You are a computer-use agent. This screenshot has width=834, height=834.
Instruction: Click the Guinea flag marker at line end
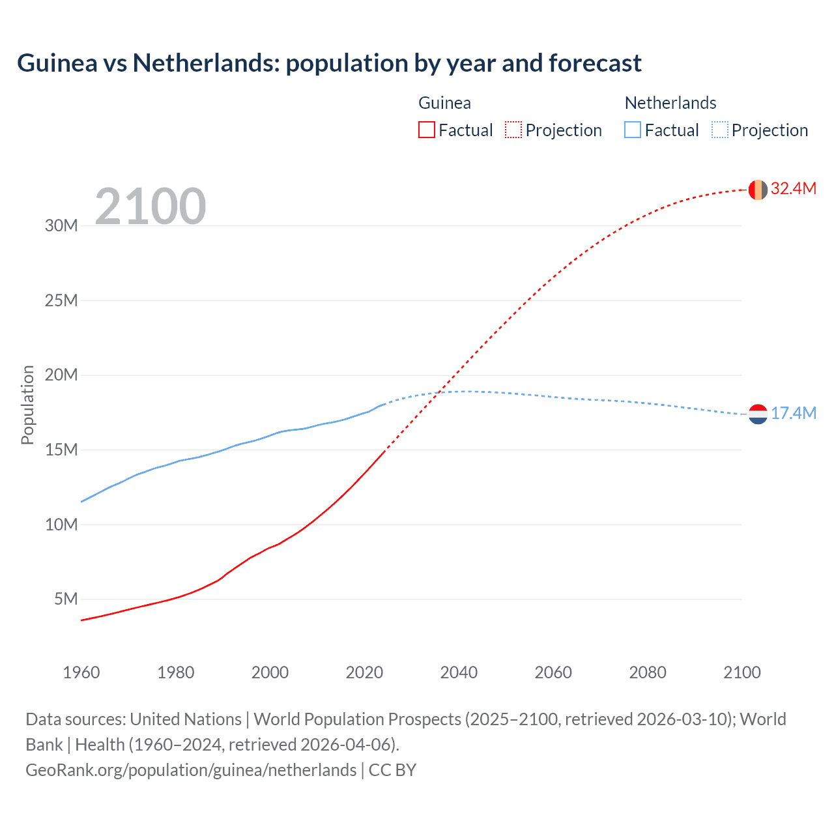pos(758,190)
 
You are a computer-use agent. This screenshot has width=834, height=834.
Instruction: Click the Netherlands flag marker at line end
pos(758,414)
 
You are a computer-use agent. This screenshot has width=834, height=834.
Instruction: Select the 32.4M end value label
pos(793,188)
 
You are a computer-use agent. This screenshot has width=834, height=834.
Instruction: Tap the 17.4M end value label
pos(793,413)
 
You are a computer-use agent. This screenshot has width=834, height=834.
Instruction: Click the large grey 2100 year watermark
pos(151,207)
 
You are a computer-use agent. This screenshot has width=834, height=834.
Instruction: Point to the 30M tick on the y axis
pos(61,226)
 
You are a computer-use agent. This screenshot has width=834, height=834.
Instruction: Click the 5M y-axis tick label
pos(66,599)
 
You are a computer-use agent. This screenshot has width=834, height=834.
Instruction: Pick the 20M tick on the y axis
pos(61,375)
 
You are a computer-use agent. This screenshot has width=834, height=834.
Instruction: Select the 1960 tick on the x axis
pos(81,672)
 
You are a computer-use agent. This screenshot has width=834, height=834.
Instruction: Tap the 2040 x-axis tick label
pos(459,672)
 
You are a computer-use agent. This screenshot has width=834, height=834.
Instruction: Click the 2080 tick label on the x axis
pos(648,672)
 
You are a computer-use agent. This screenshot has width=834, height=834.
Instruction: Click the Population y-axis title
pos(27,405)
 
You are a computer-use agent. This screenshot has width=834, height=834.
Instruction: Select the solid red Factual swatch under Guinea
pos(427,130)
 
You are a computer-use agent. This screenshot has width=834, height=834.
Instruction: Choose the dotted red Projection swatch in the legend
pos(513,130)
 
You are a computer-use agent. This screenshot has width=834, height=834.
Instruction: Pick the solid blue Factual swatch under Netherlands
pos(633,130)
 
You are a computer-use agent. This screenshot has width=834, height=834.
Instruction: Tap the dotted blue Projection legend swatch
pos(720,130)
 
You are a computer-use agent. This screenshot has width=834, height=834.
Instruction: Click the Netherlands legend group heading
pos(670,103)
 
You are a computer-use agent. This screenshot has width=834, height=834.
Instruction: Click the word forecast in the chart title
pos(595,63)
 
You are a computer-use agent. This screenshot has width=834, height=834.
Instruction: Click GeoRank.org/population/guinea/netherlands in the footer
pos(191,770)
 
